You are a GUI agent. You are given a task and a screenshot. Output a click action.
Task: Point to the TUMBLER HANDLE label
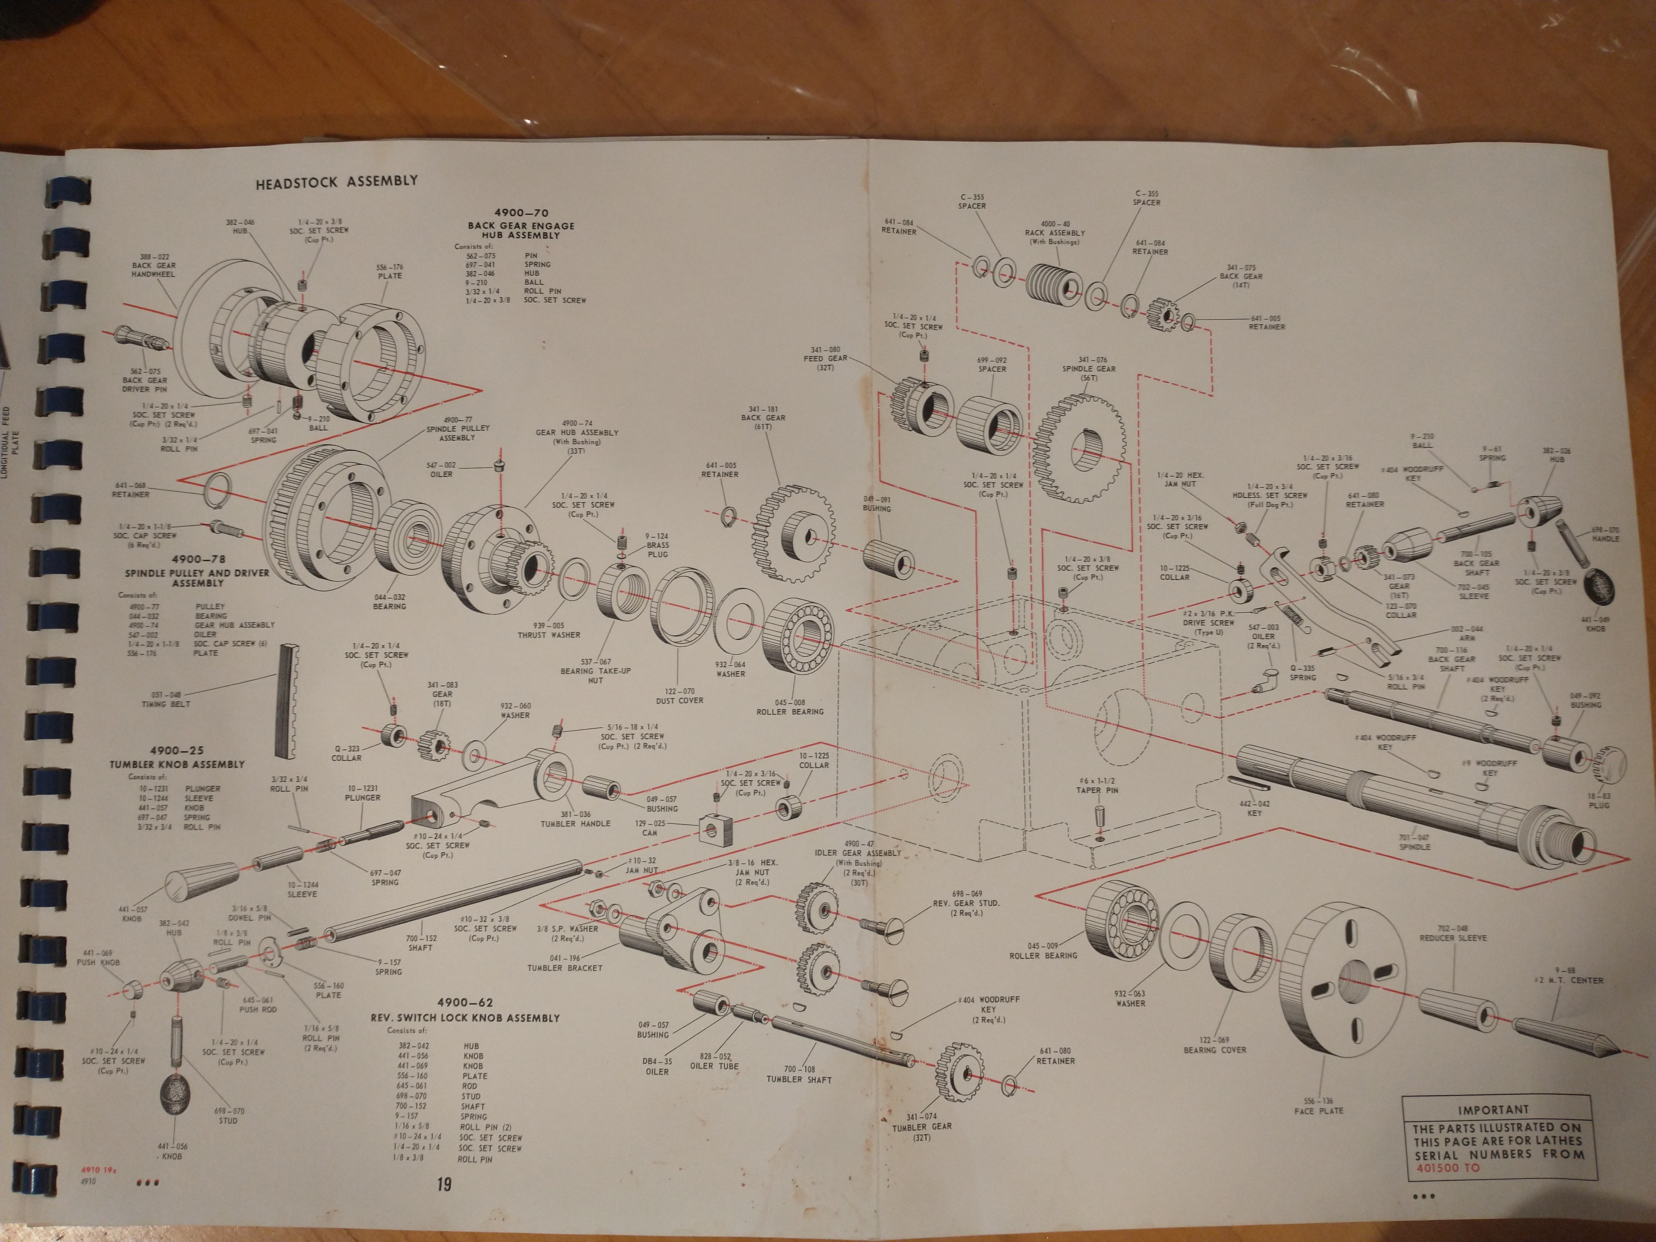(x=575, y=824)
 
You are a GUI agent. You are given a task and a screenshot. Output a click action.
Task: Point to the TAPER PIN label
(x=1098, y=790)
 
